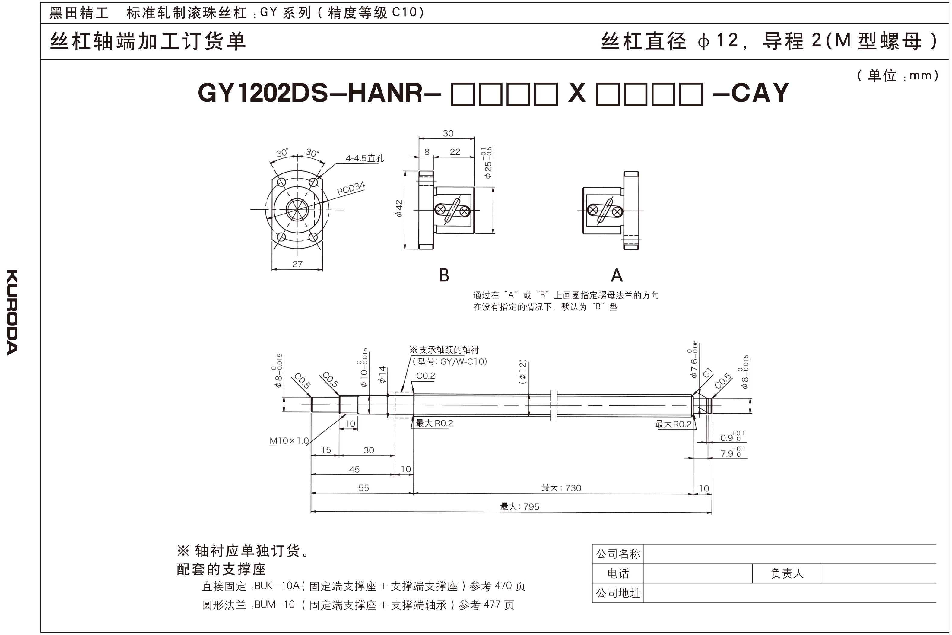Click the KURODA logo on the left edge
pos(12,312)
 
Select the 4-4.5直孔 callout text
pos(364,158)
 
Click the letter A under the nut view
pos(616,275)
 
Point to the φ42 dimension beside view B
pos(399,208)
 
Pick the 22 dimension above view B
pos(455,152)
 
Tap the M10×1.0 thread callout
pos(289,441)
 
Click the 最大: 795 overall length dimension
pos(519,506)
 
